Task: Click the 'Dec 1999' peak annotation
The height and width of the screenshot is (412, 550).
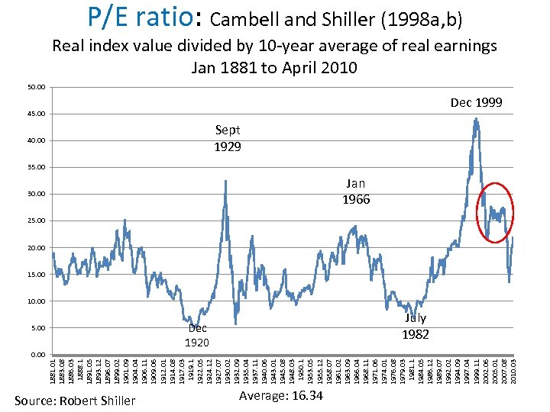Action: point(476,102)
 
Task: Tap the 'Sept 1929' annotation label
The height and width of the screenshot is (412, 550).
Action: point(228,138)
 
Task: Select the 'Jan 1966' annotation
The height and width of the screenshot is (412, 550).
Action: point(357,191)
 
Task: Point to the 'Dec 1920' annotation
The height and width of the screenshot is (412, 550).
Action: point(197,335)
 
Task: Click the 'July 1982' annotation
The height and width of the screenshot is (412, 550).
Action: point(416,326)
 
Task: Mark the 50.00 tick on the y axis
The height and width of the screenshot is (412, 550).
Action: point(36,87)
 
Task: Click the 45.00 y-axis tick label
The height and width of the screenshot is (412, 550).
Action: point(36,114)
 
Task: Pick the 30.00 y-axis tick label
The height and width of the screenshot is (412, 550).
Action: point(36,194)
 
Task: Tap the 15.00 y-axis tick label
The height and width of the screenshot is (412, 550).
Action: point(36,275)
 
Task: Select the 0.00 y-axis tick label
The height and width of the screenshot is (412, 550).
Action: point(37,355)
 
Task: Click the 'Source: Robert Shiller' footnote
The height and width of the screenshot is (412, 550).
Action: point(75,401)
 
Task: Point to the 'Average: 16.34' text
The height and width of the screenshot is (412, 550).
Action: point(280,395)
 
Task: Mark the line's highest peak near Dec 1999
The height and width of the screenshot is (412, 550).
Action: point(477,118)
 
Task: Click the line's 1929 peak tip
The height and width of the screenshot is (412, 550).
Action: point(225,181)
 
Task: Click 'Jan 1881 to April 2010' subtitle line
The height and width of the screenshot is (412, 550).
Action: point(273,67)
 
